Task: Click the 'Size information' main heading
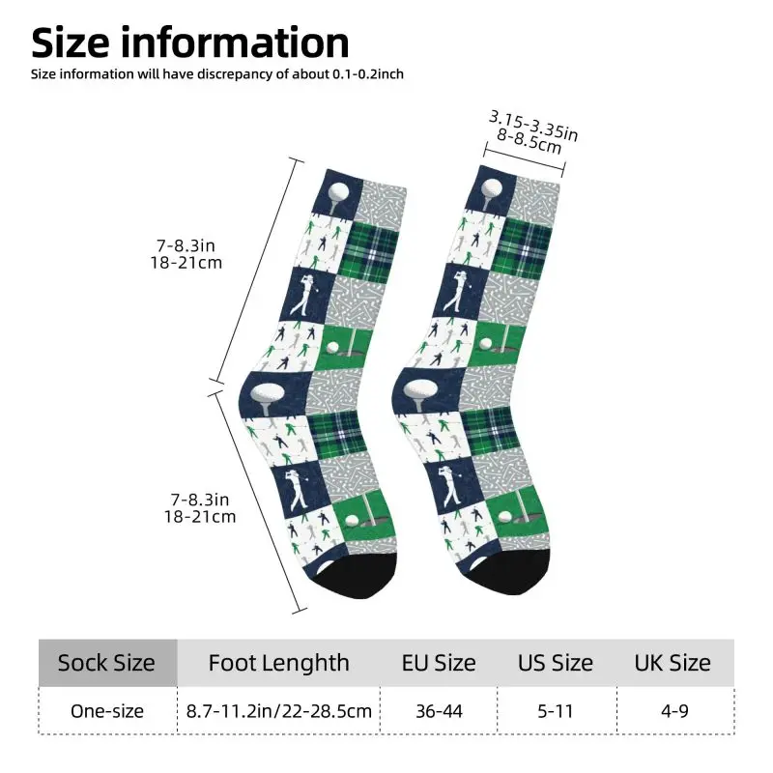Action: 190,43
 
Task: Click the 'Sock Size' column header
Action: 106,663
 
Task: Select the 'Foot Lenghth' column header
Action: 278,663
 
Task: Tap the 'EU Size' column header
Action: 439,663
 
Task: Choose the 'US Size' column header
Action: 555,663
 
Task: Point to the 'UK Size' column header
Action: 673,663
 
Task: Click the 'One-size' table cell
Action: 107,711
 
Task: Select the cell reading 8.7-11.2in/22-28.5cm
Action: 279,711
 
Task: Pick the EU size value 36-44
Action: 439,711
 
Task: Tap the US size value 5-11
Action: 556,711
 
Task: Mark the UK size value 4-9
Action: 674,711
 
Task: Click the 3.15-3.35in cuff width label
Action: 533,126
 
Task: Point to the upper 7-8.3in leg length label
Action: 186,245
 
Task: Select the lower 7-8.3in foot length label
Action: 200,500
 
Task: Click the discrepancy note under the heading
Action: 217,74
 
